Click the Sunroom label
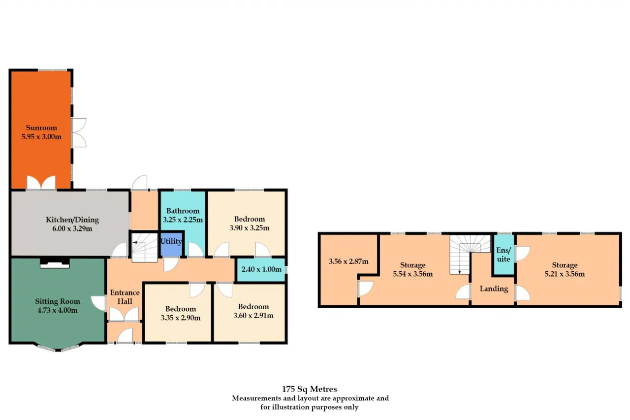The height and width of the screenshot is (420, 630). click(41, 128)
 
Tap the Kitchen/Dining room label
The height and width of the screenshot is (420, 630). click(72, 220)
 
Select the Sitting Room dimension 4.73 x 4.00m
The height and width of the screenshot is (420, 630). click(58, 310)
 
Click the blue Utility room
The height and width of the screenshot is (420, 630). click(171, 244)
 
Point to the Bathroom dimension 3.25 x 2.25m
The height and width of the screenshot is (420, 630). click(183, 220)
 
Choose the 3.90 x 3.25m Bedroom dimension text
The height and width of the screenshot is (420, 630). click(249, 228)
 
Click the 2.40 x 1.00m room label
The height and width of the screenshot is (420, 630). click(261, 269)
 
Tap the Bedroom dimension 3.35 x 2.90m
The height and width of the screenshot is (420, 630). click(181, 318)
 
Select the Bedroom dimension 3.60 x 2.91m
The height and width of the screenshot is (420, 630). click(253, 316)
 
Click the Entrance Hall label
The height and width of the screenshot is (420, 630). click(125, 297)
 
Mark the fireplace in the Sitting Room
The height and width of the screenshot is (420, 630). click(55, 262)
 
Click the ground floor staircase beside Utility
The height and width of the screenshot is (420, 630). click(145, 247)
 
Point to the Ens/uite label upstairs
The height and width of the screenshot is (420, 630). click(504, 255)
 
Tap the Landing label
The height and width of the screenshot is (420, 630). click(494, 289)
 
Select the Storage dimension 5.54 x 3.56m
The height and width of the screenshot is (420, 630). click(413, 274)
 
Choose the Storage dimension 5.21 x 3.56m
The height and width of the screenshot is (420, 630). click(565, 274)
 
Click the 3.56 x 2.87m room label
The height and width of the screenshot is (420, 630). click(348, 261)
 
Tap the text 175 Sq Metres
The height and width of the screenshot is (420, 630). click(310, 389)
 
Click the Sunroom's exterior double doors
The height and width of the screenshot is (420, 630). click(79, 133)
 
